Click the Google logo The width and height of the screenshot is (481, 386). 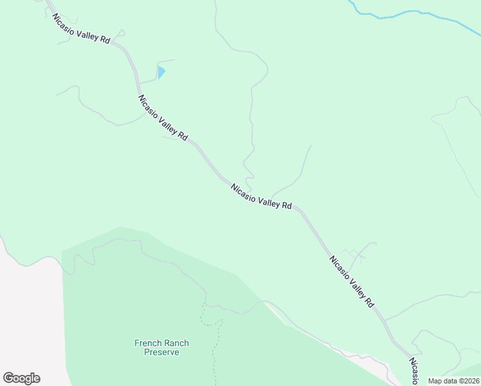[x=21, y=378]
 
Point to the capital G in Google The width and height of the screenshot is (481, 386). [x=8, y=378]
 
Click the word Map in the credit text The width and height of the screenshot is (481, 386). [x=435, y=381]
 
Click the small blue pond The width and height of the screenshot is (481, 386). [x=161, y=72]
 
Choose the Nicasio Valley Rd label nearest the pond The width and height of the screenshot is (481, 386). [x=163, y=118]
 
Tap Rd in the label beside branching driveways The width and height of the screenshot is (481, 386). [x=368, y=301]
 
